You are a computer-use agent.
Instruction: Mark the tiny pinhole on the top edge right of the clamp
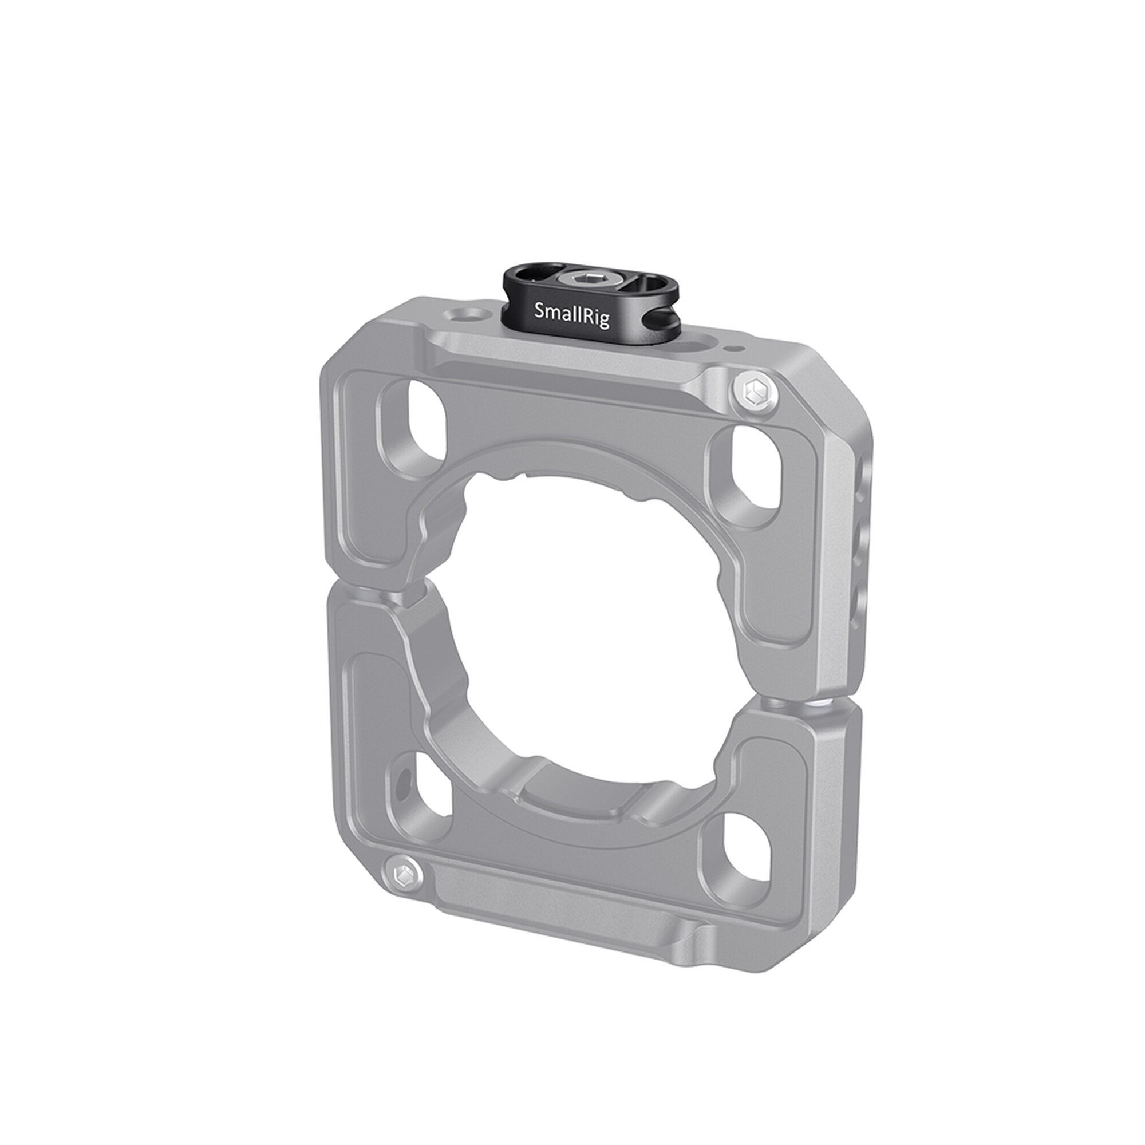pos(736,349)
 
